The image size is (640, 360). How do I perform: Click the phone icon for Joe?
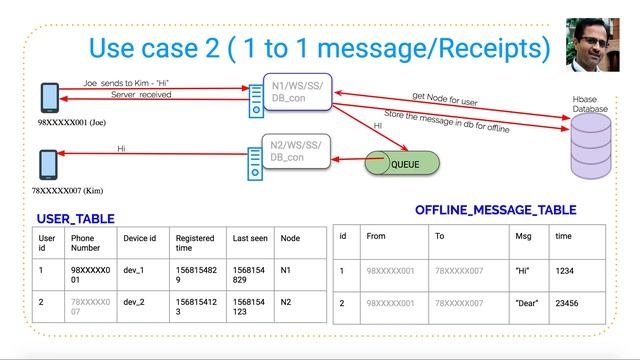coord(48,98)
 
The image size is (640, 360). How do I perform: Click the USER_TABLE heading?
coord(75,218)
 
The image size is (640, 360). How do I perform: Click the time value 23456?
coord(568,301)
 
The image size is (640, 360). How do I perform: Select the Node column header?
coord(291,239)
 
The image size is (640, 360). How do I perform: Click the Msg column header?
coord(523,237)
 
